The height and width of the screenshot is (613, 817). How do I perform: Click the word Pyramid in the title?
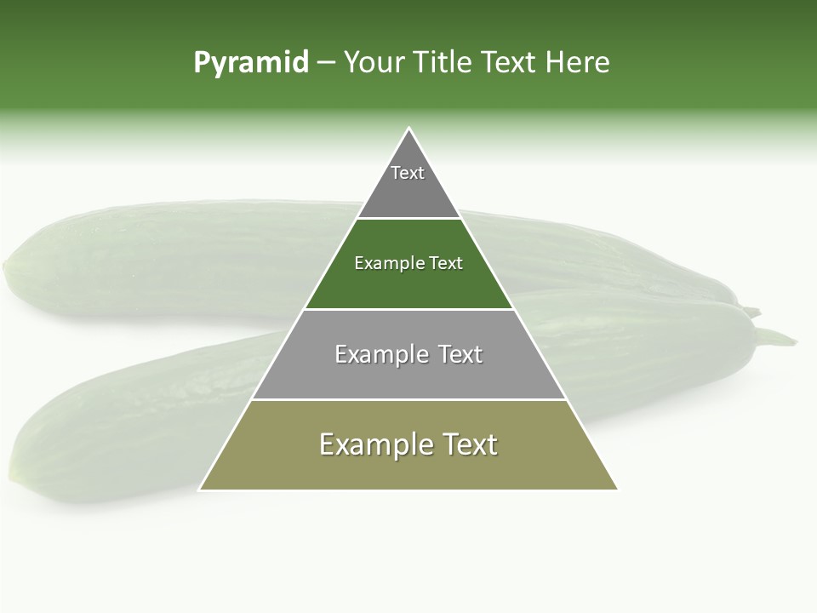(251, 62)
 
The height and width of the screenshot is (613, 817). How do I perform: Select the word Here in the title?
(577, 62)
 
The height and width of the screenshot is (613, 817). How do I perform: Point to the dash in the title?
(326, 63)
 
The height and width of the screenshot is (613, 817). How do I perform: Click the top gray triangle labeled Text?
(408, 183)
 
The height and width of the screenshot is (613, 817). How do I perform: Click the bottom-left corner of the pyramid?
(200, 490)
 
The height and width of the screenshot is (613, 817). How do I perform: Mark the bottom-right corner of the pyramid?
(617, 490)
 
